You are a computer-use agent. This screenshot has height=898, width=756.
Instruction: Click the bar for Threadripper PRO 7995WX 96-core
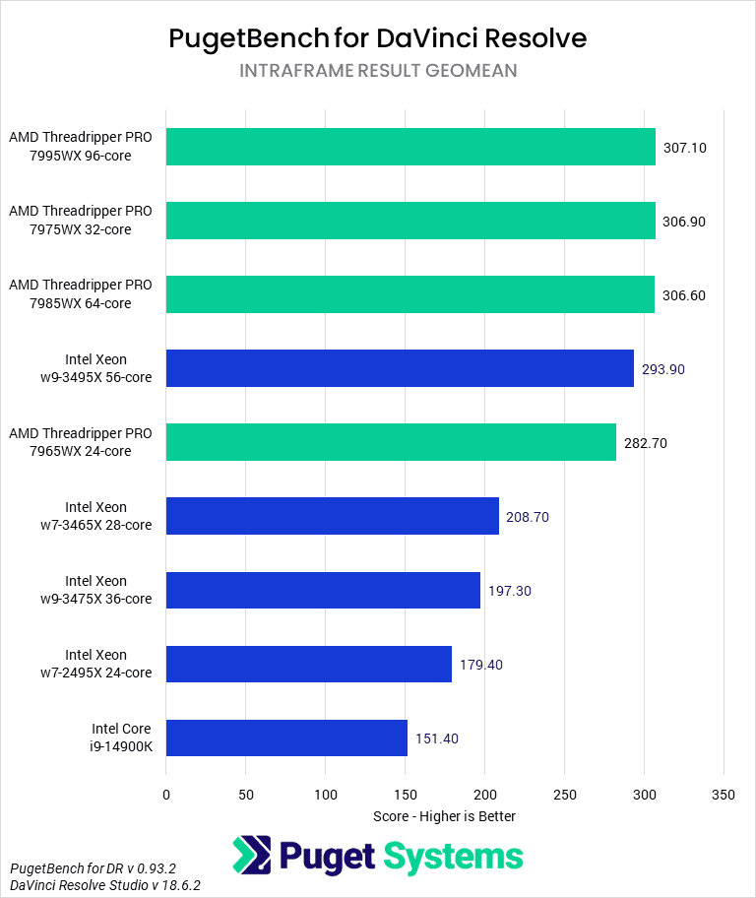click(410, 147)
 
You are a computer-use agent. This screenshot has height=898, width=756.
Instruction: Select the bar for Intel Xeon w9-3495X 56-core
click(400, 368)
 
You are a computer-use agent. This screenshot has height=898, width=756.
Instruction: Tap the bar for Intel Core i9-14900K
click(286, 738)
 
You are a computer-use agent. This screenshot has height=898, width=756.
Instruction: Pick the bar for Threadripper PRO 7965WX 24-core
click(391, 442)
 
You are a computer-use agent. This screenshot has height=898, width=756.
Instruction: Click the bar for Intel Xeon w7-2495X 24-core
click(309, 664)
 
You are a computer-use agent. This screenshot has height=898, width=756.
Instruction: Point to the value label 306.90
click(684, 222)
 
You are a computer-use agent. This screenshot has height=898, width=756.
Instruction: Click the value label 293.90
click(662, 369)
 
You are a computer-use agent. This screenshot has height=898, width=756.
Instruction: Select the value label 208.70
click(529, 517)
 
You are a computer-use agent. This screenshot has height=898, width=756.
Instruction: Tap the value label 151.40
click(436, 738)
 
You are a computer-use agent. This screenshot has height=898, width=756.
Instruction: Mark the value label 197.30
click(509, 591)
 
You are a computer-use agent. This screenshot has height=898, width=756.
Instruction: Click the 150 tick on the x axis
click(405, 794)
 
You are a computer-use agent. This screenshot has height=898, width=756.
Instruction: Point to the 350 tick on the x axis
click(724, 794)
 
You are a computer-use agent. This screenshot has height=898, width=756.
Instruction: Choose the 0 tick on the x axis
click(166, 794)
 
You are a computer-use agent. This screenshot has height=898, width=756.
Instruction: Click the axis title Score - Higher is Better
click(445, 816)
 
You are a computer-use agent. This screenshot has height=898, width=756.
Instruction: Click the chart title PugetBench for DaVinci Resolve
click(378, 37)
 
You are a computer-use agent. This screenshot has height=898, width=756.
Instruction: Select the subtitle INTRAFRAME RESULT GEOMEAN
click(378, 71)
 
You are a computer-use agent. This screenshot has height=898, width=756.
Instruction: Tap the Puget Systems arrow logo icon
click(252, 856)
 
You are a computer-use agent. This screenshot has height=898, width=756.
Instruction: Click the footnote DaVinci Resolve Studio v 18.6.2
click(105, 885)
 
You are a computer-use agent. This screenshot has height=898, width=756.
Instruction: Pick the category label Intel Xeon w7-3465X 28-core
click(108, 516)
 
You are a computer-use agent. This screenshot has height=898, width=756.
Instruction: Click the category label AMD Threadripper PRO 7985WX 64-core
click(81, 294)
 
